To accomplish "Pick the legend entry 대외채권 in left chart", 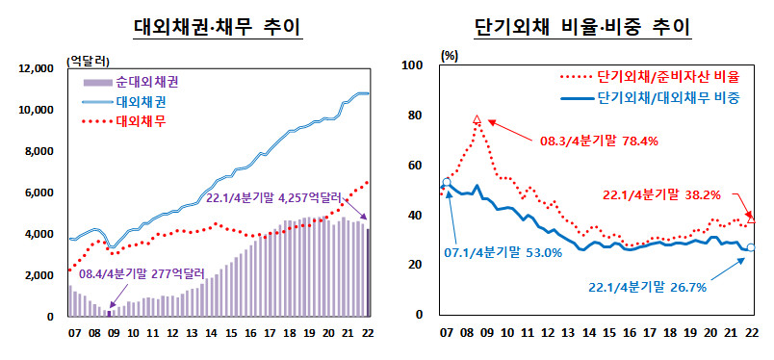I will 140,101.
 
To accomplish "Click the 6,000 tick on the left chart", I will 44,193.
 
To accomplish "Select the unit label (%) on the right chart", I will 450,55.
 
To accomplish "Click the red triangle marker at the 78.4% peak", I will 477,120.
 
